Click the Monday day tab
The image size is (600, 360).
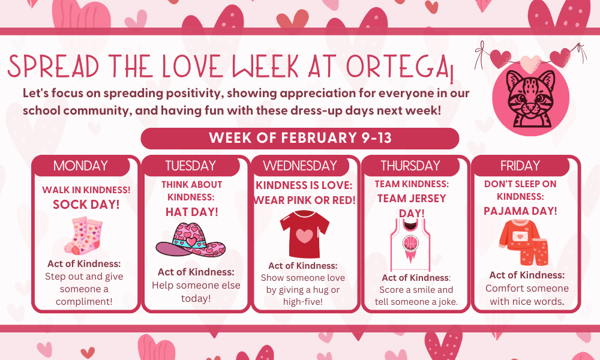[80, 166]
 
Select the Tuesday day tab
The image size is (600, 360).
[190, 166]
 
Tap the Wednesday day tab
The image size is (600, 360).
[300, 166]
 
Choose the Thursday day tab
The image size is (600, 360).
[410, 166]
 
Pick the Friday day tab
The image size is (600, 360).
[520, 166]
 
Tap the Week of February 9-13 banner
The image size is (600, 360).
[300, 138]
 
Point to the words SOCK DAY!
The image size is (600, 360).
[86, 204]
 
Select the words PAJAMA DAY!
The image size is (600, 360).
[520, 211]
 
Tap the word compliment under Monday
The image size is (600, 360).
[84, 301]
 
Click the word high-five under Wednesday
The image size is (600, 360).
[302, 301]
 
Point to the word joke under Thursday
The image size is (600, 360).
[444, 301]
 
